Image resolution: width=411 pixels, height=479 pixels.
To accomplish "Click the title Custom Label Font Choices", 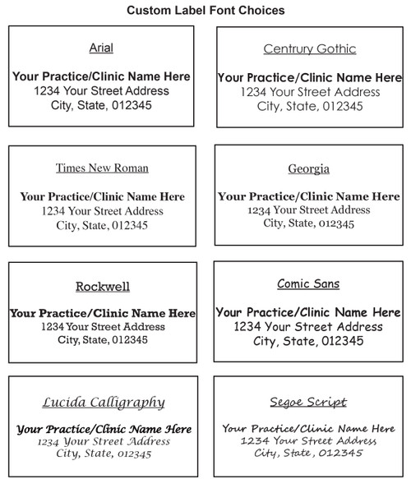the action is [x=205, y=11].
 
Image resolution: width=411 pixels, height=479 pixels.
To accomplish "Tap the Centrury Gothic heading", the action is [x=309, y=48].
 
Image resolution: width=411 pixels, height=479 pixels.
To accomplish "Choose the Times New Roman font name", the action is [x=102, y=168].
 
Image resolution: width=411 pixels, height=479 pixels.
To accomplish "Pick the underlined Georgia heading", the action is [x=309, y=169].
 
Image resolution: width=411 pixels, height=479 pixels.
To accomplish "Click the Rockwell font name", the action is [x=103, y=287].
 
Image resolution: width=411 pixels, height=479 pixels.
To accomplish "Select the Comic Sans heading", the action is [x=309, y=284].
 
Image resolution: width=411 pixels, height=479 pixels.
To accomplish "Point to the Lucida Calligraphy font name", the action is [x=103, y=402].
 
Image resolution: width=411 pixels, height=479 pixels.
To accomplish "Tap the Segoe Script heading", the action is [x=309, y=402].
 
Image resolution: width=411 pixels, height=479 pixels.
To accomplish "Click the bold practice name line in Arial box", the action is [x=102, y=76].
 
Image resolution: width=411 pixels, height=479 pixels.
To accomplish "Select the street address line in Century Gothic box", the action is [x=309, y=92].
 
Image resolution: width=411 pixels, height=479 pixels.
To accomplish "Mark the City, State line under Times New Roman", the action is [x=102, y=225].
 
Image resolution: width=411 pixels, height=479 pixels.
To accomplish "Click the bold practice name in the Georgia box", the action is [x=309, y=197].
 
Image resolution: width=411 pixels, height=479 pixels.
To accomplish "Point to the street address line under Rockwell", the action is [x=103, y=326].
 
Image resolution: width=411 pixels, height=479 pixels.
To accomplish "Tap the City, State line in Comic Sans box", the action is [x=309, y=341].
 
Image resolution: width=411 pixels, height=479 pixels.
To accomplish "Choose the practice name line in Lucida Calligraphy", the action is [x=104, y=429].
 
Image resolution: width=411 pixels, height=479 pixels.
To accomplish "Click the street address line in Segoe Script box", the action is [x=309, y=441].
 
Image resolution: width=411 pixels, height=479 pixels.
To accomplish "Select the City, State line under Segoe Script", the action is [x=309, y=454].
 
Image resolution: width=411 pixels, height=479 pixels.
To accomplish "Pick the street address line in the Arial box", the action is [x=102, y=90].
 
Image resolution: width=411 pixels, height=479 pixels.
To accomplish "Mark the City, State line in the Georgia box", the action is [x=309, y=223].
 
